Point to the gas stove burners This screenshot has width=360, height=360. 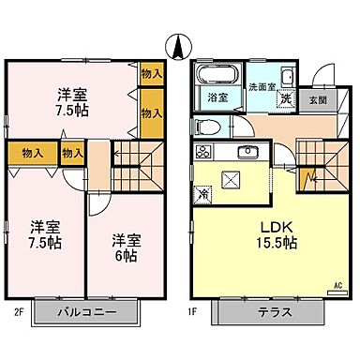[201, 151]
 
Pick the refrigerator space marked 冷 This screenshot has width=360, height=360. [203, 194]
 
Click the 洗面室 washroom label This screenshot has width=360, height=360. [261, 87]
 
